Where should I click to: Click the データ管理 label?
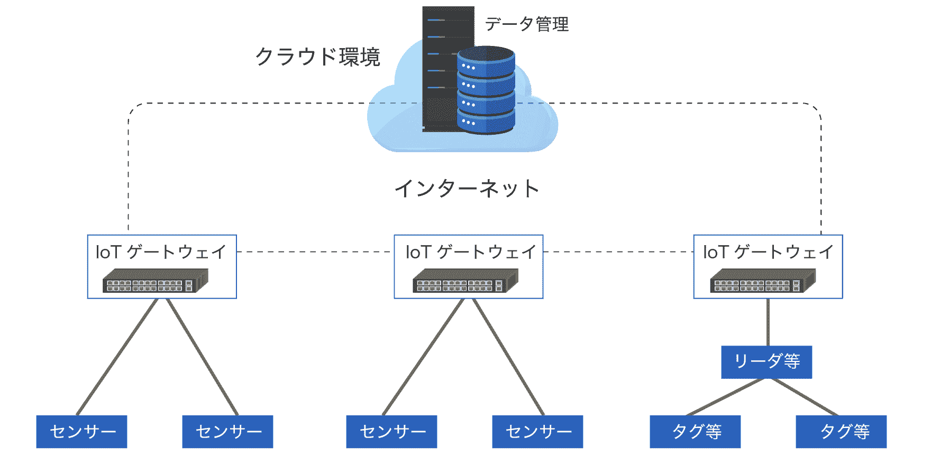pyautogui.click(x=526, y=24)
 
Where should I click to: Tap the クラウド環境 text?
pyautogui.click(x=317, y=57)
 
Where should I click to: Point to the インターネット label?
pyautogui.click(x=467, y=189)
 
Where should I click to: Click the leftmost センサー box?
pyautogui.click(x=81, y=432)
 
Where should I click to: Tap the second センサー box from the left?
pyautogui.click(x=227, y=432)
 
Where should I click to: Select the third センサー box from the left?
pyautogui.click(x=391, y=432)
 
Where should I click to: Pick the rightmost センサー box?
pyautogui.click(x=537, y=432)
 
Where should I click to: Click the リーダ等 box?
pyautogui.click(x=766, y=362)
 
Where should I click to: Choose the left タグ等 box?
pyautogui.click(x=695, y=432)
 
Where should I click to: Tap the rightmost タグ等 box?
pyautogui.click(x=841, y=432)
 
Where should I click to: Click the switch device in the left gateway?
pyautogui.click(x=155, y=281)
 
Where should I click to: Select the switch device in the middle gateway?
pyautogui.click(x=465, y=281)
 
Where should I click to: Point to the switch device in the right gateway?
pyautogui.click(x=762, y=281)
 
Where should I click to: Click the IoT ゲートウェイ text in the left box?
pyautogui.click(x=161, y=252)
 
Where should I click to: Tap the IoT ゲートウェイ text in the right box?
pyautogui.click(x=768, y=252)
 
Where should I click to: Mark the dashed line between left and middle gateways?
pyautogui.click(x=315, y=252)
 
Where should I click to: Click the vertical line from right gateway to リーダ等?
pyautogui.click(x=768, y=322)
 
